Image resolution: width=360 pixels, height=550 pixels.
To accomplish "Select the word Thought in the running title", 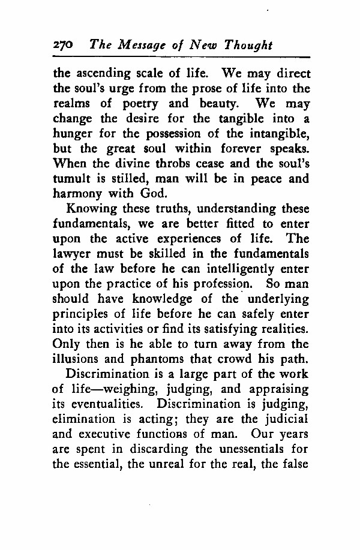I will click(248, 46).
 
